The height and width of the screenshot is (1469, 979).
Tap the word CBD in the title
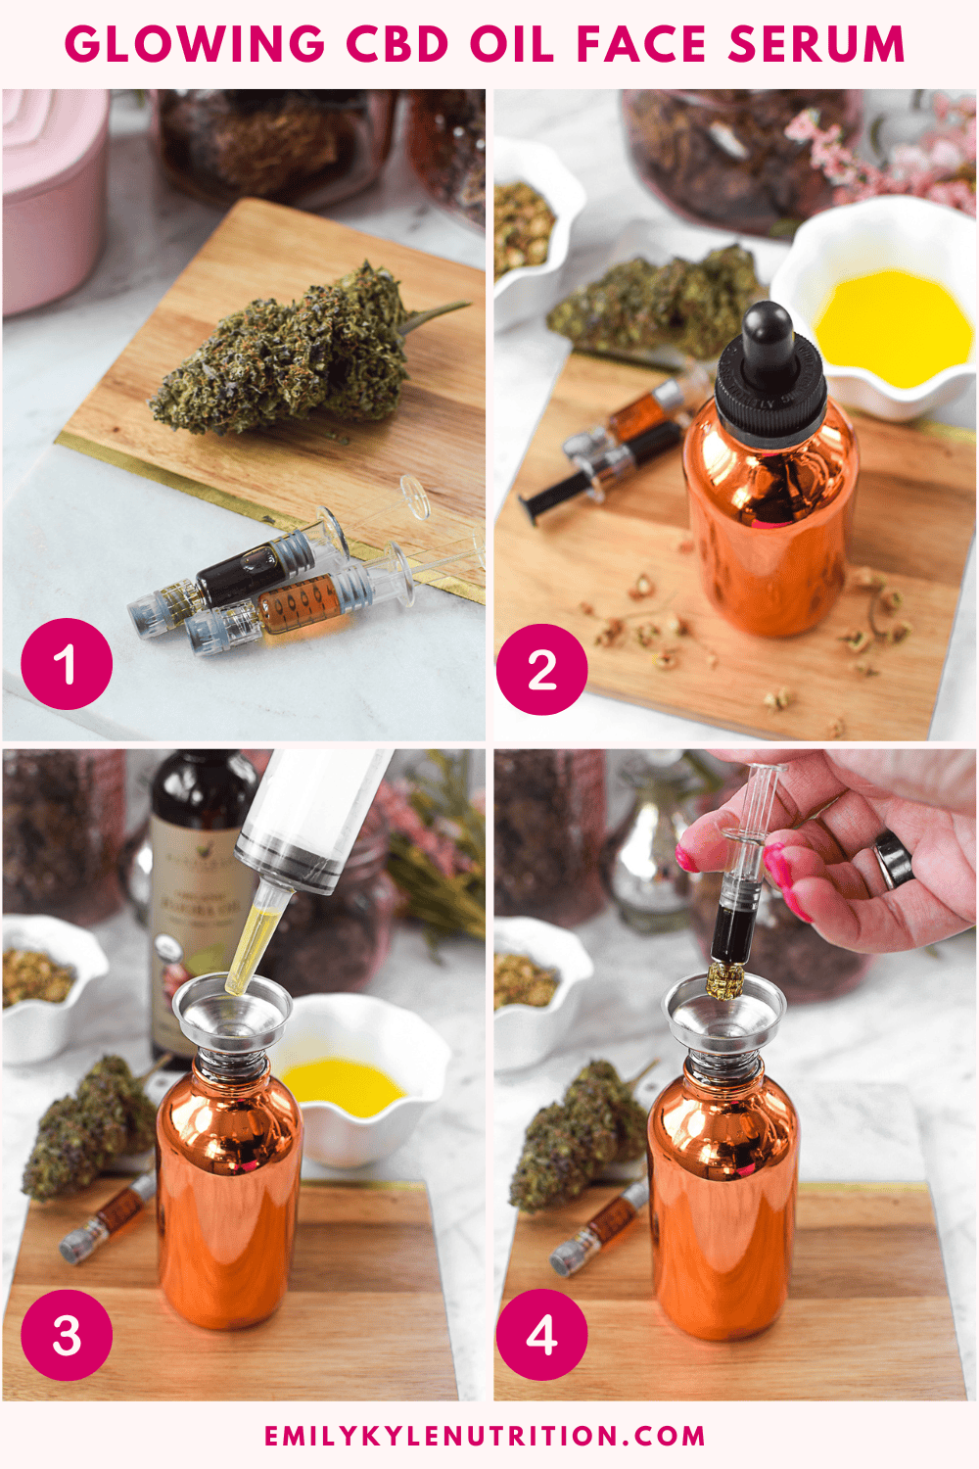(397, 45)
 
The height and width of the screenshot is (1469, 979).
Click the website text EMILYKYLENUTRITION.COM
(486, 1436)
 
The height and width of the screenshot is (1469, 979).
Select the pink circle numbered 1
(67, 664)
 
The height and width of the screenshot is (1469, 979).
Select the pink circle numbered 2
(541, 670)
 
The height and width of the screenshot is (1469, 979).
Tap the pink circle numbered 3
(67, 1336)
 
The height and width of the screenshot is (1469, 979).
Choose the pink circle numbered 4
(541, 1336)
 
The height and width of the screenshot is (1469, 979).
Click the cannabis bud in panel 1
(294, 353)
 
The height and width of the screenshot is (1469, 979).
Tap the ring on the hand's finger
(892, 859)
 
